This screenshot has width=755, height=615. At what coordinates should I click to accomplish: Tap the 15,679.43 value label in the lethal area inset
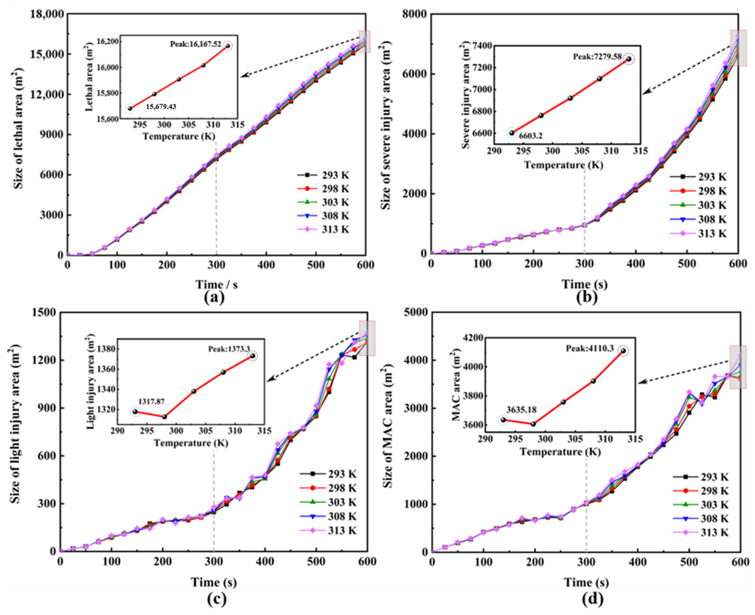(160, 106)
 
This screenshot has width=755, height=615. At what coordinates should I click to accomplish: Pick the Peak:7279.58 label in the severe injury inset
(597, 57)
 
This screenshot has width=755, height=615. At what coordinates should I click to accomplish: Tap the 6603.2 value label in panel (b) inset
(531, 136)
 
